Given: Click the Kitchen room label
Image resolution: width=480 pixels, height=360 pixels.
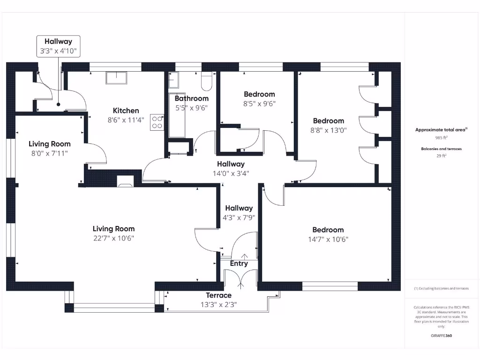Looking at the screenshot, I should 126,111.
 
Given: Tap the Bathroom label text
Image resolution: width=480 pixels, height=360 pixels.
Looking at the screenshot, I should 191,98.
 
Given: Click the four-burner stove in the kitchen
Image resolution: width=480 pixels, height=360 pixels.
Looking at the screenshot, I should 157,122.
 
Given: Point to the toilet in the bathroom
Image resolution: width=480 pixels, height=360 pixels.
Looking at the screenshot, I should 206,81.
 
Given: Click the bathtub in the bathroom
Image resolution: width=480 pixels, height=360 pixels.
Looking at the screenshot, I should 177,117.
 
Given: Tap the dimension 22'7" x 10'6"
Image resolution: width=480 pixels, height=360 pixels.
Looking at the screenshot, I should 113,238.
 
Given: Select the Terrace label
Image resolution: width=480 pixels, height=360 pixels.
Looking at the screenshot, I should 218,295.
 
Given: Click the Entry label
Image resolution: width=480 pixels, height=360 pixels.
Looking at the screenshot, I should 239,263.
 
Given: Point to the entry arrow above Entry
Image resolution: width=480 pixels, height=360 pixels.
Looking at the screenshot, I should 244,256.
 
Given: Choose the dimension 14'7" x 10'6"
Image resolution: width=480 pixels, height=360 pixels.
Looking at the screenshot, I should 328,239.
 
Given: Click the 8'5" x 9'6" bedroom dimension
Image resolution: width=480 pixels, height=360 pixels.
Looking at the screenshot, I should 259,104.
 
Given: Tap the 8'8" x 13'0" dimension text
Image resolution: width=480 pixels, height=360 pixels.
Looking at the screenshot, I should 328,130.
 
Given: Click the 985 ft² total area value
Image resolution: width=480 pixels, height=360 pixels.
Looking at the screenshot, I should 441,138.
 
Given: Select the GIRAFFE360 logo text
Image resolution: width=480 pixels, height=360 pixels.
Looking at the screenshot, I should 441,336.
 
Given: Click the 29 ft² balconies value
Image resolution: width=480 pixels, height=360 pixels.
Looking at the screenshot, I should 441,156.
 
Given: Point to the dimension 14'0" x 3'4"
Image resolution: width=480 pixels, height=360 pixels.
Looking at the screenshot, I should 231,173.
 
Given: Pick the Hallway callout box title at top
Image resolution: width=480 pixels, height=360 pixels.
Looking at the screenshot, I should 58,42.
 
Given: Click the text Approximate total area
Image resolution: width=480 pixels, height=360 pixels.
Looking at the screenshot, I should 440,130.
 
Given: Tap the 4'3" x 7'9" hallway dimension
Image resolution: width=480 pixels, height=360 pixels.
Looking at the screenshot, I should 239,217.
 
